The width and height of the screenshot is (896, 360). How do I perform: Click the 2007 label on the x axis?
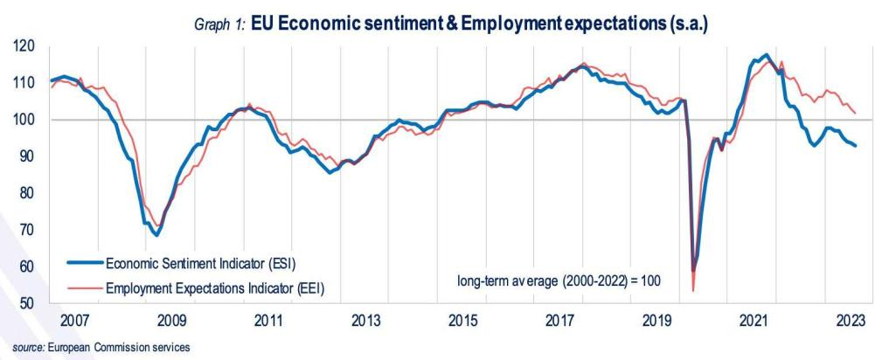click(74, 320)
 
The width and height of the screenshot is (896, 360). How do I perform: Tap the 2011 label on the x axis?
click(268, 320)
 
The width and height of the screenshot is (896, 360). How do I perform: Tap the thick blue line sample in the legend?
click(84, 261)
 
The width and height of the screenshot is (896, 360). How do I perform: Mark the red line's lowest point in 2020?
click(693, 290)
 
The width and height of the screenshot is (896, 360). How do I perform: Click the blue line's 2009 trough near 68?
click(156, 235)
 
